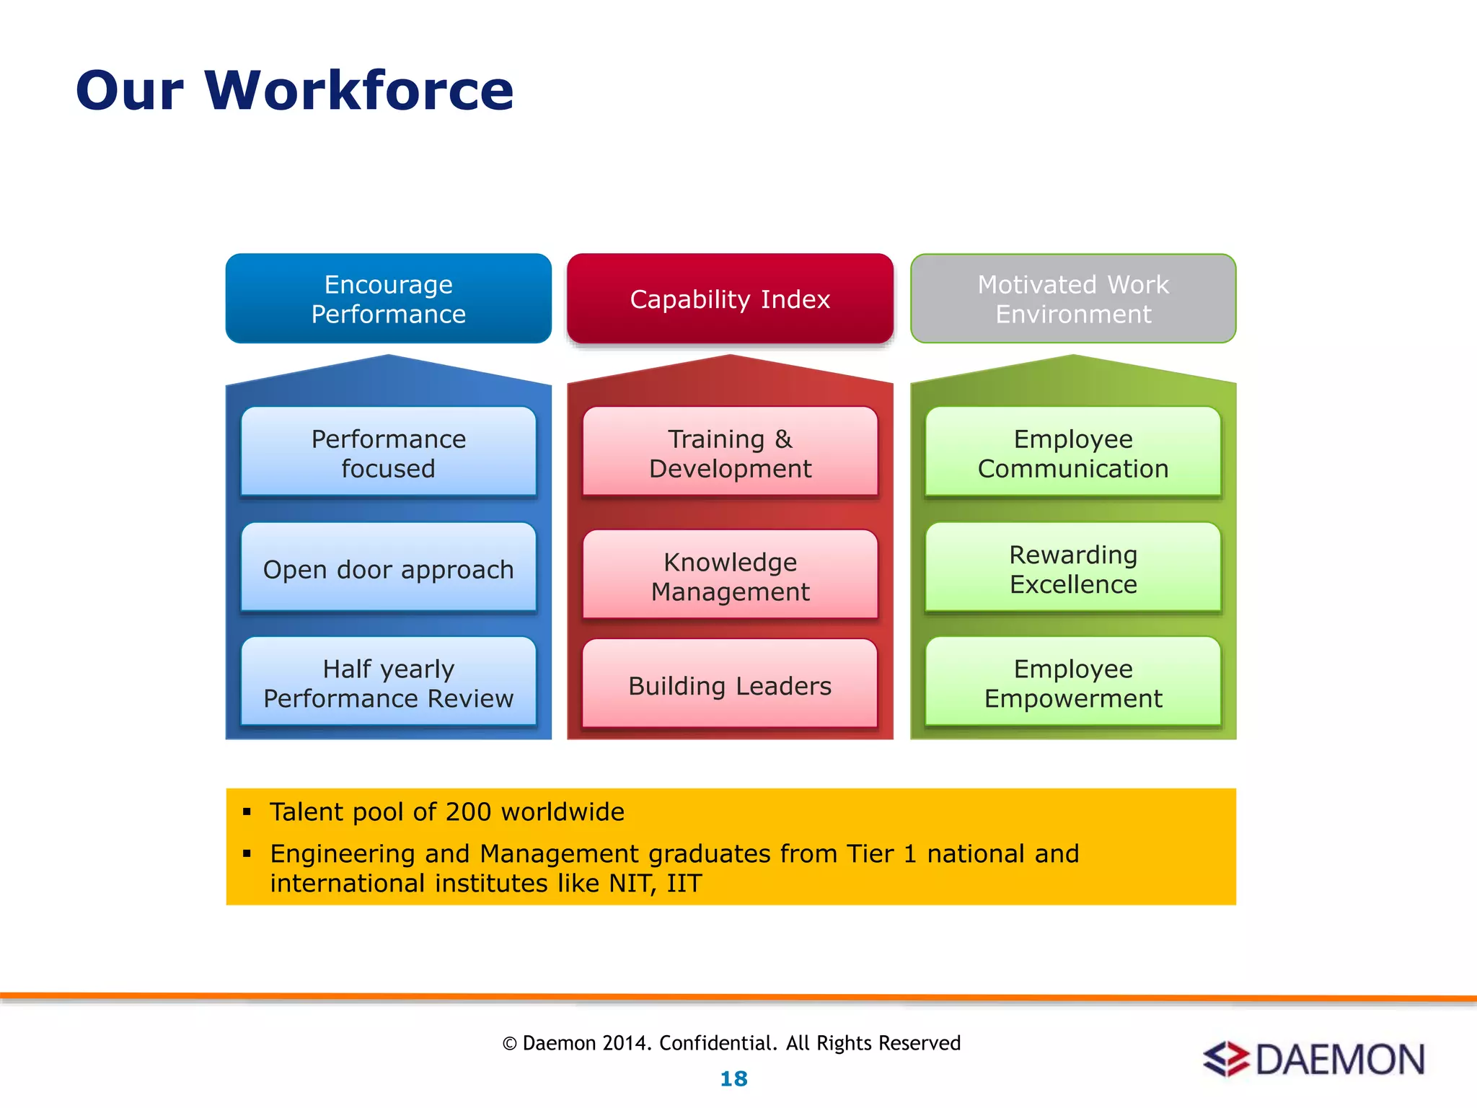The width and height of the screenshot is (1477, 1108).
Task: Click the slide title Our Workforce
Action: pyautogui.click(x=294, y=91)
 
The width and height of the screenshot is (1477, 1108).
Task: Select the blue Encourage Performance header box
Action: pyautogui.click(x=388, y=299)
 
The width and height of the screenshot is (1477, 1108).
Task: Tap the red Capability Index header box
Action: pyautogui.click(x=730, y=299)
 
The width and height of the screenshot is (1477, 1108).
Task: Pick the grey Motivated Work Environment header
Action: pyautogui.click(x=1073, y=299)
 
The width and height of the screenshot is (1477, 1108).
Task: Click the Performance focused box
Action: pyautogui.click(x=388, y=453)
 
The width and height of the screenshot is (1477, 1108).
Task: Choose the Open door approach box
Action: pyautogui.click(x=388, y=568)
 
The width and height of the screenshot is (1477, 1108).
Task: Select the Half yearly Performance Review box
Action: pyautogui.click(x=388, y=682)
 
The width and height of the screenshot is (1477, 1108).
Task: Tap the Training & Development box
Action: pyautogui.click(x=730, y=453)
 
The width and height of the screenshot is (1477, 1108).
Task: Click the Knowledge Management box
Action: pyautogui.click(x=730, y=576)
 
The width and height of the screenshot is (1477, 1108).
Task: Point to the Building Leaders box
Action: pyautogui.click(x=730, y=685)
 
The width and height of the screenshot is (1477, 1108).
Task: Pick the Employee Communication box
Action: pyautogui.click(x=1073, y=453)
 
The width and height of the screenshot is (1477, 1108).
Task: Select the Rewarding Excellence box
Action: pyautogui.click(x=1073, y=568)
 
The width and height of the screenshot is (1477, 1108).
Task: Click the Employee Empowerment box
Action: pyautogui.click(x=1073, y=682)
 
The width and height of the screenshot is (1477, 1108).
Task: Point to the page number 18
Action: pyautogui.click(x=734, y=1078)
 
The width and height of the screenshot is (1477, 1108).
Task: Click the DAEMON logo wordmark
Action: pyautogui.click(x=1340, y=1060)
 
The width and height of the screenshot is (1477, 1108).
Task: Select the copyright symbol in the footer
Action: pyautogui.click(x=510, y=1044)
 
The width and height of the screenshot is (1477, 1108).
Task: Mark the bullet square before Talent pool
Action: pyautogui.click(x=247, y=812)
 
